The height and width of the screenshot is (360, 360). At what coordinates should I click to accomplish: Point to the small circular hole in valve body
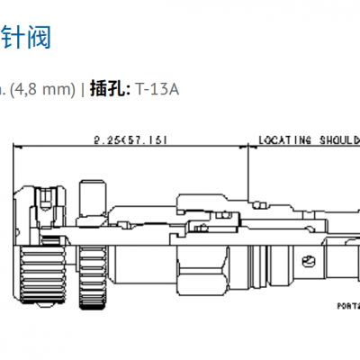[x=309, y=262]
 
